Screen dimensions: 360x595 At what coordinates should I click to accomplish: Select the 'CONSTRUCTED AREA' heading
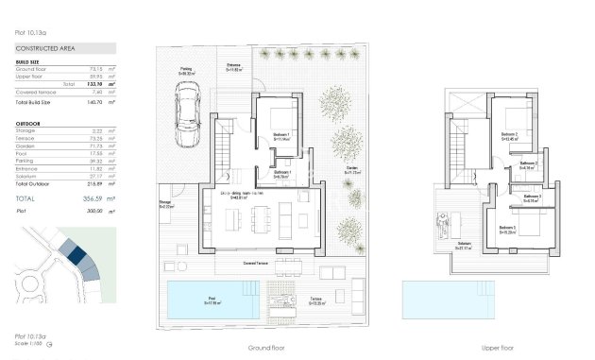tap(45, 48)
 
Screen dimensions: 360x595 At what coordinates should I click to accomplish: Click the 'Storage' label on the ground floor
tap(164, 202)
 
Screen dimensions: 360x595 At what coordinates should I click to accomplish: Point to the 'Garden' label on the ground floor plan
tap(352, 170)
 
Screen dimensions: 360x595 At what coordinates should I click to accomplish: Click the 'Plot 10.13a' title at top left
tap(30, 32)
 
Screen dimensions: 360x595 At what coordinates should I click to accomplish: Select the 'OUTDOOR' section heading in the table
tap(29, 123)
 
